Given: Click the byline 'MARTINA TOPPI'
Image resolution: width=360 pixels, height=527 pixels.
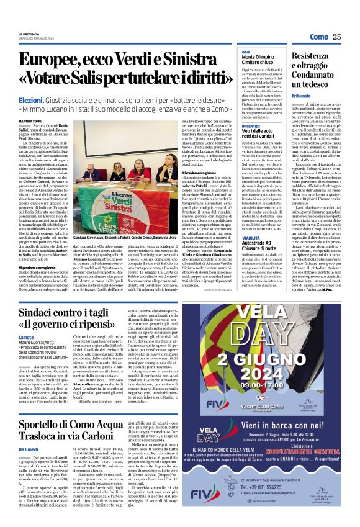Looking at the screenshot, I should pyautogui.click(x=30, y=121).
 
